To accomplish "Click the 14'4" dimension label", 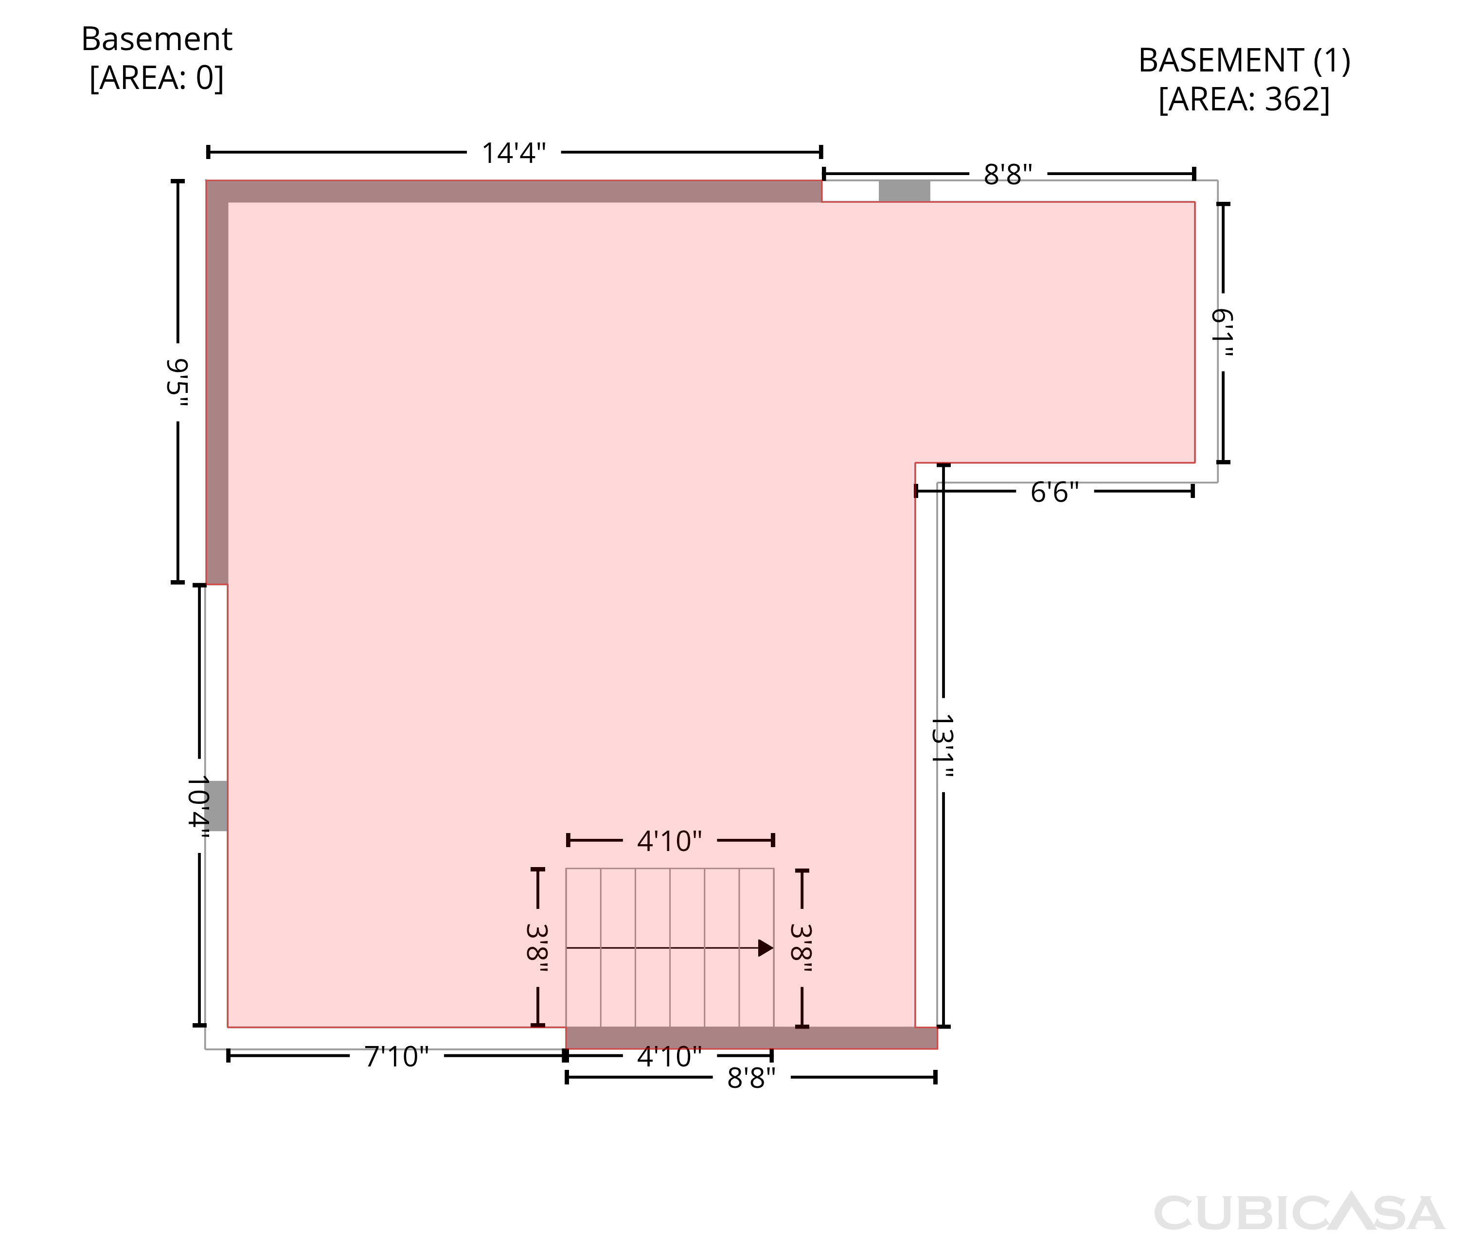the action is tap(514, 153).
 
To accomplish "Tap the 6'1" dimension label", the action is tap(1223, 333).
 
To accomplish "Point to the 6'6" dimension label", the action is tap(1055, 492).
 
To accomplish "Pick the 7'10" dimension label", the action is tap(396, 1057).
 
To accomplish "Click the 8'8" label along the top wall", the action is tap(1008, 174).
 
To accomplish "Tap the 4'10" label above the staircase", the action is tap(670, 841).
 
